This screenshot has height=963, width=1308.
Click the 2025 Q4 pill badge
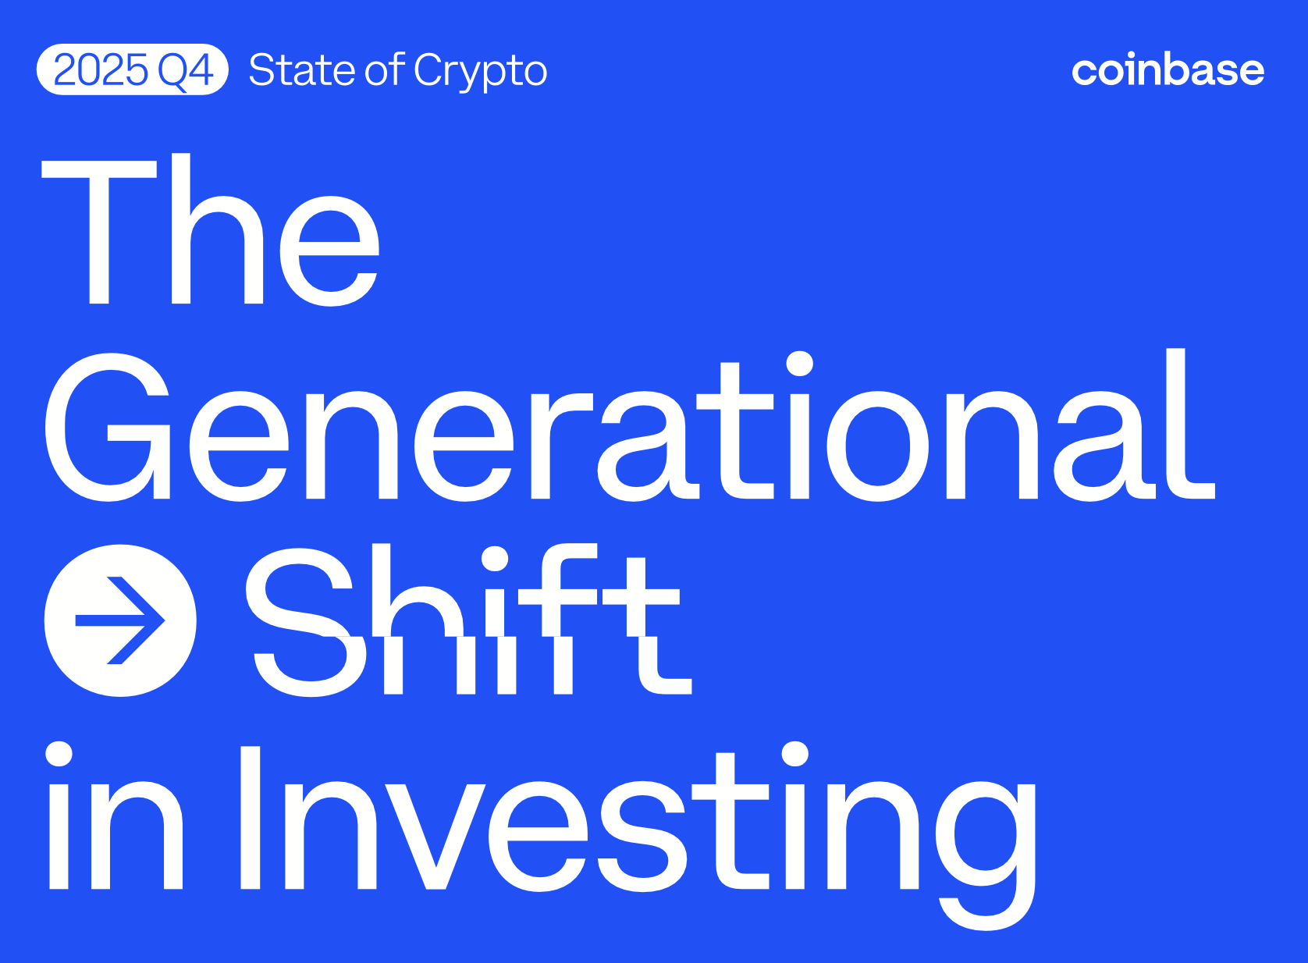(132, 69)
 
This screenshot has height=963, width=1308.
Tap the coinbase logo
(1168, 70)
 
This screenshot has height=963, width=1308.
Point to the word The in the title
(211, 230)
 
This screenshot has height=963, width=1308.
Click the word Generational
(629, 425)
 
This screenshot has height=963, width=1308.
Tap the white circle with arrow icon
(120, 620)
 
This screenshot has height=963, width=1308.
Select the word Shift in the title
(468, 620)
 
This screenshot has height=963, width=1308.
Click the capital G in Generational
(108, 427)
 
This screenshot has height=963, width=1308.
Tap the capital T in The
(99, 230)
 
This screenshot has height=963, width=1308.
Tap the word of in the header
(385, 69)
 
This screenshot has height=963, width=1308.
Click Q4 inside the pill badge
(185, 70)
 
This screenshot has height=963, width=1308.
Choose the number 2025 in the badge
(101, 70)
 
